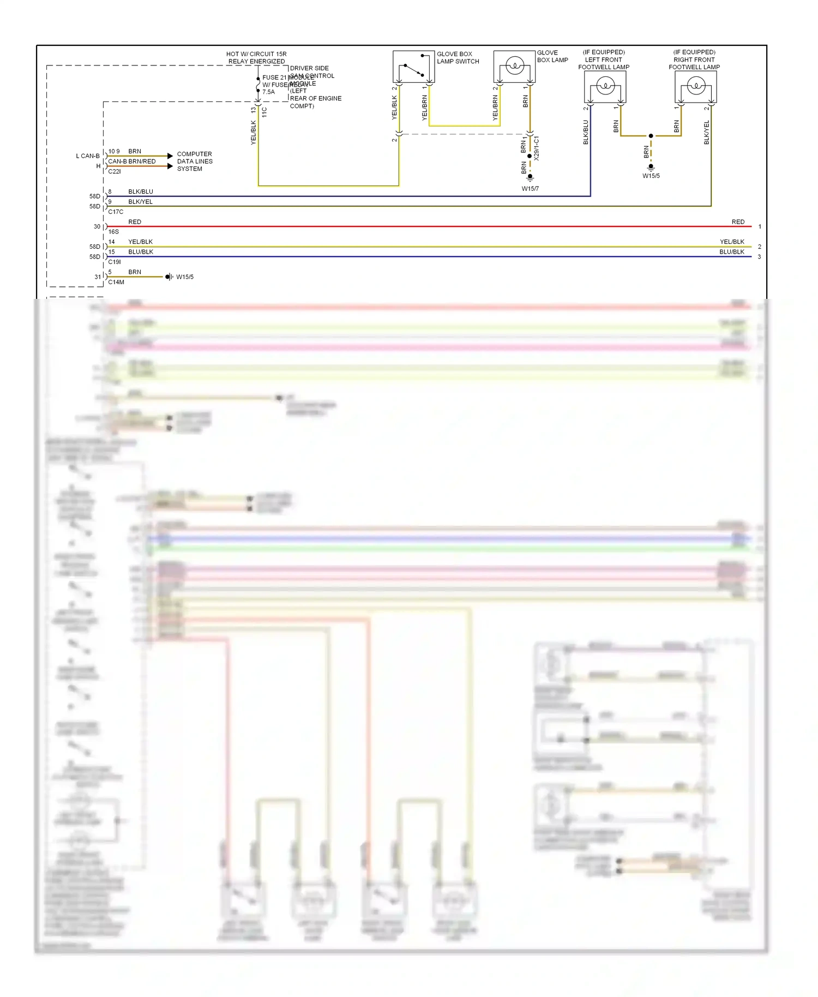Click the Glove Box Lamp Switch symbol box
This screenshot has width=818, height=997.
pyautogui.click(x=413, y=67)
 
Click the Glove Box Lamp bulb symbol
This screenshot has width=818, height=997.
pyautogui.click(x=514, y=67)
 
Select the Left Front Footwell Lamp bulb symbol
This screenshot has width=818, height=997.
pyautogui.click(x=605, y=86)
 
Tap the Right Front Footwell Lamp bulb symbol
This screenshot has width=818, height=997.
pyautogui.click(x=695, y=86)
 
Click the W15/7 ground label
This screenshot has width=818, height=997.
pyautogui.click(x=530, y=189)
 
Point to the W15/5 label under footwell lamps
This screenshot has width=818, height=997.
pyautogui.click(x=651, y=176)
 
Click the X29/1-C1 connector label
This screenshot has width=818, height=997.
pyautogui.click(x=537, y=148)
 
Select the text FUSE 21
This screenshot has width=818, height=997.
pyautogui.click(x=274, y=77)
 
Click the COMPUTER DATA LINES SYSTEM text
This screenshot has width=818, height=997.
pyautogui.click(x=194, y=161)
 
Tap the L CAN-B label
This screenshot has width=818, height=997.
pyautogui.click(x=88, y=156)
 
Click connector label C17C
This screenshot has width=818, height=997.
pyautogui.click(x=116, y=212)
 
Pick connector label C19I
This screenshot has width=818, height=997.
pyautogui.click(x=115, y=262)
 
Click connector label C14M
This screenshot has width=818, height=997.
pyautogui.click(x=116, y=282)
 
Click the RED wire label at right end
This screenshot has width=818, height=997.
pyautogui.click(x=737, y=222)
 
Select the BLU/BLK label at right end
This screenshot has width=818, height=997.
pyautogui.click(x=731, y=252)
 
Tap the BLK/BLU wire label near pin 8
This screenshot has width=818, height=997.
pyautogui.click(x=141, y=191)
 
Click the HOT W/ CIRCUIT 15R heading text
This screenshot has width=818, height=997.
pyautogui.click(x=256, y=54)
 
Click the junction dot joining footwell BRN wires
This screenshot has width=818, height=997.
pyautogui.click(x=651, y=136)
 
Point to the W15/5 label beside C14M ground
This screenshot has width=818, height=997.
pyautogui.click(x=185, y=277)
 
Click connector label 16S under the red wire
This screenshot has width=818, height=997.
pyautogui.click(x=113, y=232)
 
